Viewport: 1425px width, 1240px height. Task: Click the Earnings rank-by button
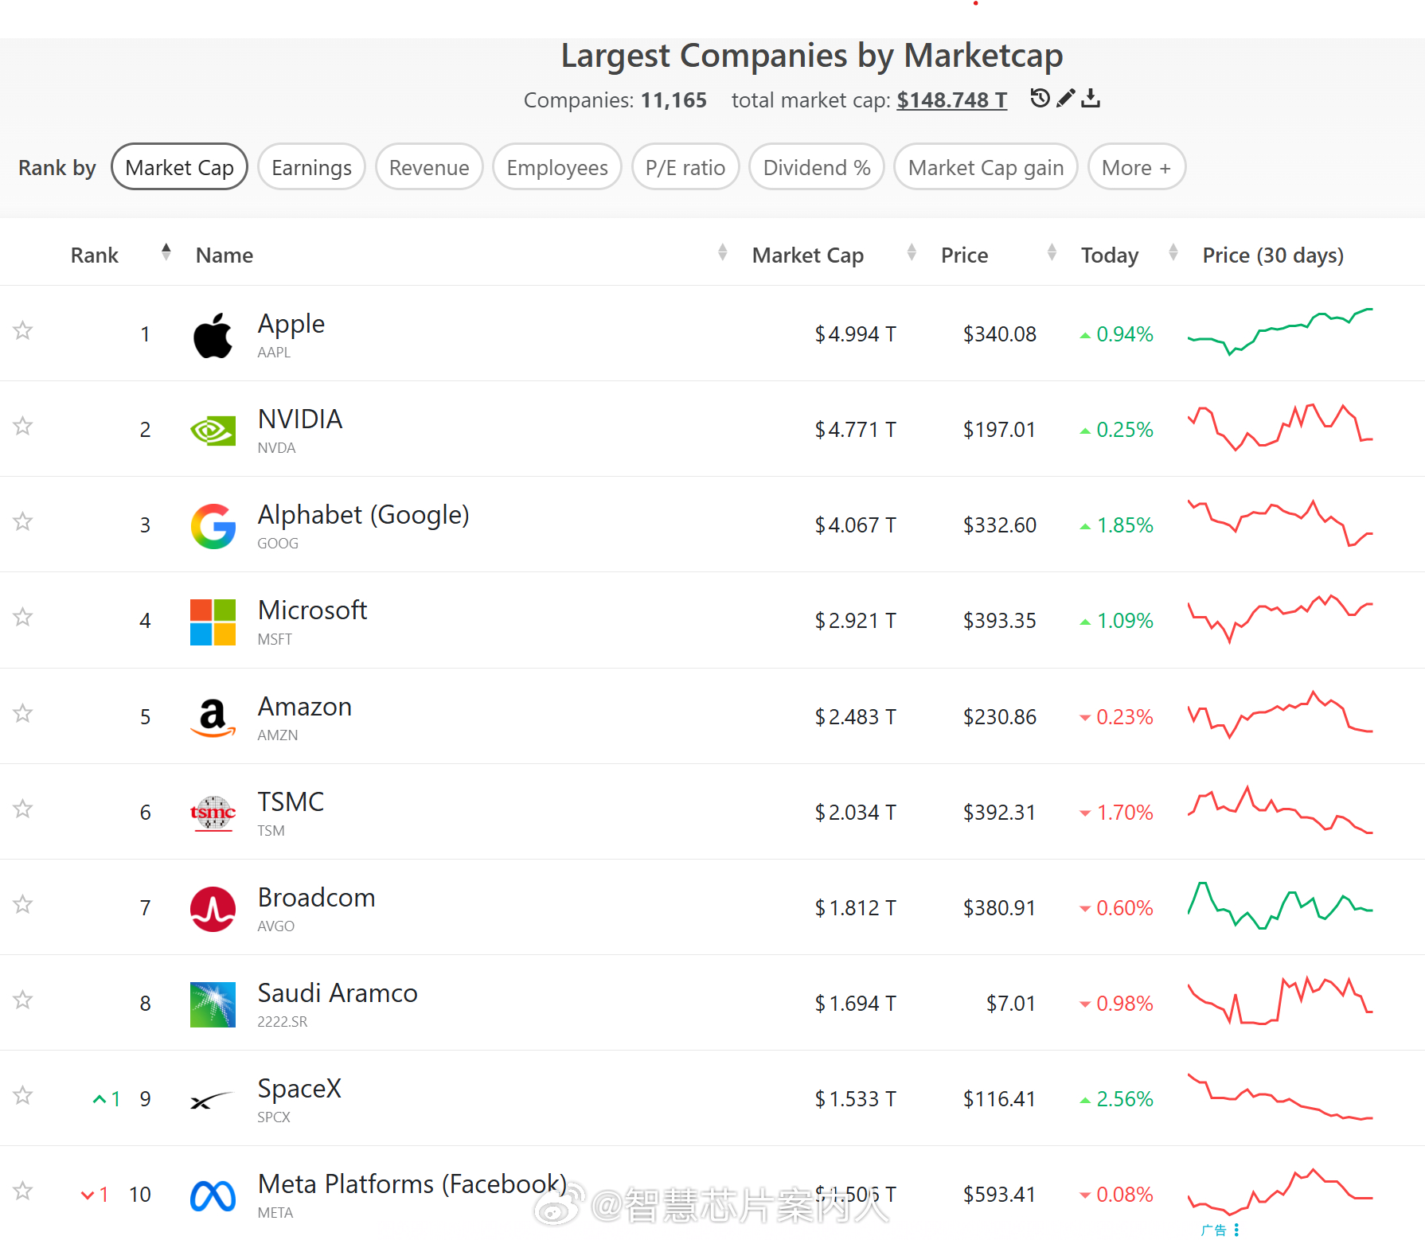click(311, 167)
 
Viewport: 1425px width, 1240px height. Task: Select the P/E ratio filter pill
click(685, 167)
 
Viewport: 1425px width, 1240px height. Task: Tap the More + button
click(1136, 167)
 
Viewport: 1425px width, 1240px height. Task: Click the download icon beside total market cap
click(1091, 98)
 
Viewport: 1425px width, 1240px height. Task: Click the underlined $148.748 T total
click(952, 100)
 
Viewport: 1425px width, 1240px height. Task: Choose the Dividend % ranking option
click(817, 167)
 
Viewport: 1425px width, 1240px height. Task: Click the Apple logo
click(213, 335)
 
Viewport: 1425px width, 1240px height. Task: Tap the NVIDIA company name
click(300, 419)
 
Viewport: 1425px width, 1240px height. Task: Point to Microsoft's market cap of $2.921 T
click(855, 621)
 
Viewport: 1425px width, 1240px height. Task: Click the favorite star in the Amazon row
click(23, 713)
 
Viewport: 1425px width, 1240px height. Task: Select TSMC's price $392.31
click(1000, 813)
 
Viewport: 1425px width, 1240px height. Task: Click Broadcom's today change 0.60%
click(1116, 908)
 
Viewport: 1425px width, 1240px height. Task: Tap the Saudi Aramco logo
click(213, 1004)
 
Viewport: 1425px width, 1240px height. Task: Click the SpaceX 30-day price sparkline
click(1280, 1097)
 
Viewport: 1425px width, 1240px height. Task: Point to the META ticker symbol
click(275, 1213)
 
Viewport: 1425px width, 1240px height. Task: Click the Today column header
click(1110, 255)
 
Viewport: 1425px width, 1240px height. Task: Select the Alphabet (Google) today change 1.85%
click(1116, 525)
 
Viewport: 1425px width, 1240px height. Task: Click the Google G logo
click(213, 526)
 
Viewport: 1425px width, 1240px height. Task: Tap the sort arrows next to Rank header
click(166, 252)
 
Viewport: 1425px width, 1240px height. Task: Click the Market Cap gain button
click(986, 167)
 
